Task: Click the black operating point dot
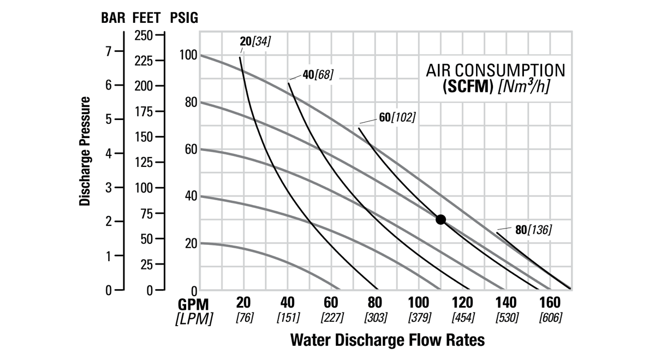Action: pyautogui.click(x=441, y=219)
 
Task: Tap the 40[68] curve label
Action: pyautogui.click(x=318, y=74)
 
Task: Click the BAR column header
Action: pyautogui.click(x=113, y=18)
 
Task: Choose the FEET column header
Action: pyautogui.click(x=147, y=18)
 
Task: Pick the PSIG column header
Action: pyautogui.click(x=184, y=18)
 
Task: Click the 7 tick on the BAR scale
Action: pyautogui.click(x=108, y=51)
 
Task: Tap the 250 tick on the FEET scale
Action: pyautogui.click(x=145, y=35)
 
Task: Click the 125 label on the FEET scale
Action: pyautogui.click(x=145, y=162)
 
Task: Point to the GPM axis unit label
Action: pyautogui.click(x=193, y=303)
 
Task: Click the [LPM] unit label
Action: pyautogui.click(x=193, y=318)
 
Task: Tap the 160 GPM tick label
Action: pyautogui.click(x=550, y=303)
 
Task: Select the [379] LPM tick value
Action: pyautogui.click(x=419, y=317)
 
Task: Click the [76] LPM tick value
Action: pyautogui.click(x=243, y=317)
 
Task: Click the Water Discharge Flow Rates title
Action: pyautogui.click(x=387, y=340)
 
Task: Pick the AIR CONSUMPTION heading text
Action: pyautogui.click(x=496, y=70)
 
